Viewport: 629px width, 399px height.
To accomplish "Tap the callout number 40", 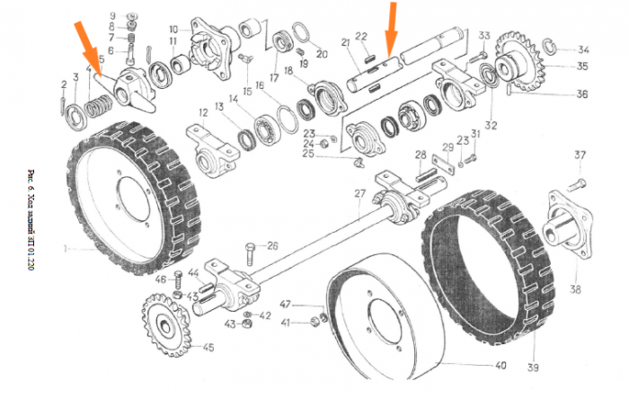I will coord(501,366).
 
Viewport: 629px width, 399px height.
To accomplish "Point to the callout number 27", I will coord(358,194).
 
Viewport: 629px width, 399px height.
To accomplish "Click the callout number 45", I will coord(208,348).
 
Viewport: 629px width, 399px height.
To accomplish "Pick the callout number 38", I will coord(575,290).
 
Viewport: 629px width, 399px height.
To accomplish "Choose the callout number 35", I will coord(582,66).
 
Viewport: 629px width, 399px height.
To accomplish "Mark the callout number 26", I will coord(273,245).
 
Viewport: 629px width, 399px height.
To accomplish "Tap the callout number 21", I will coord(345,42).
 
